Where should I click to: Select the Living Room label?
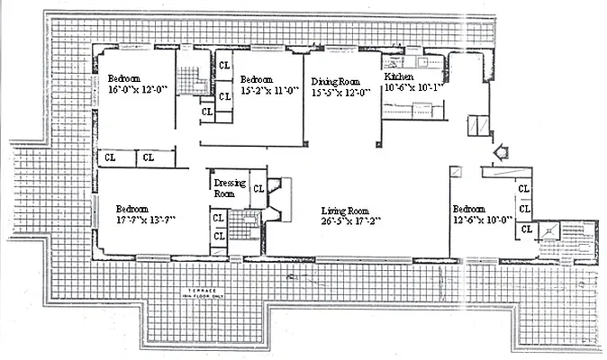(x=347, y=210)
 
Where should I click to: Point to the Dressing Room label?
(x=230, y=187)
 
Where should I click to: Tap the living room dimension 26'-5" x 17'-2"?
(x=351, y=221)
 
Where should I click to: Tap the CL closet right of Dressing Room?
(x=258, y=188)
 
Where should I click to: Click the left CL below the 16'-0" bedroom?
(x=109, y=158)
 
